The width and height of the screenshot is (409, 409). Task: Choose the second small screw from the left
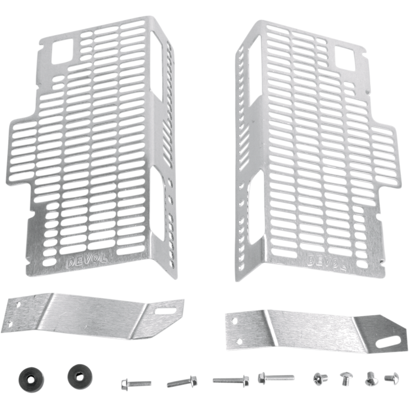[346, 379]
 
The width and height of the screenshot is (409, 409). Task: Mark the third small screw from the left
[370, 379]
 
